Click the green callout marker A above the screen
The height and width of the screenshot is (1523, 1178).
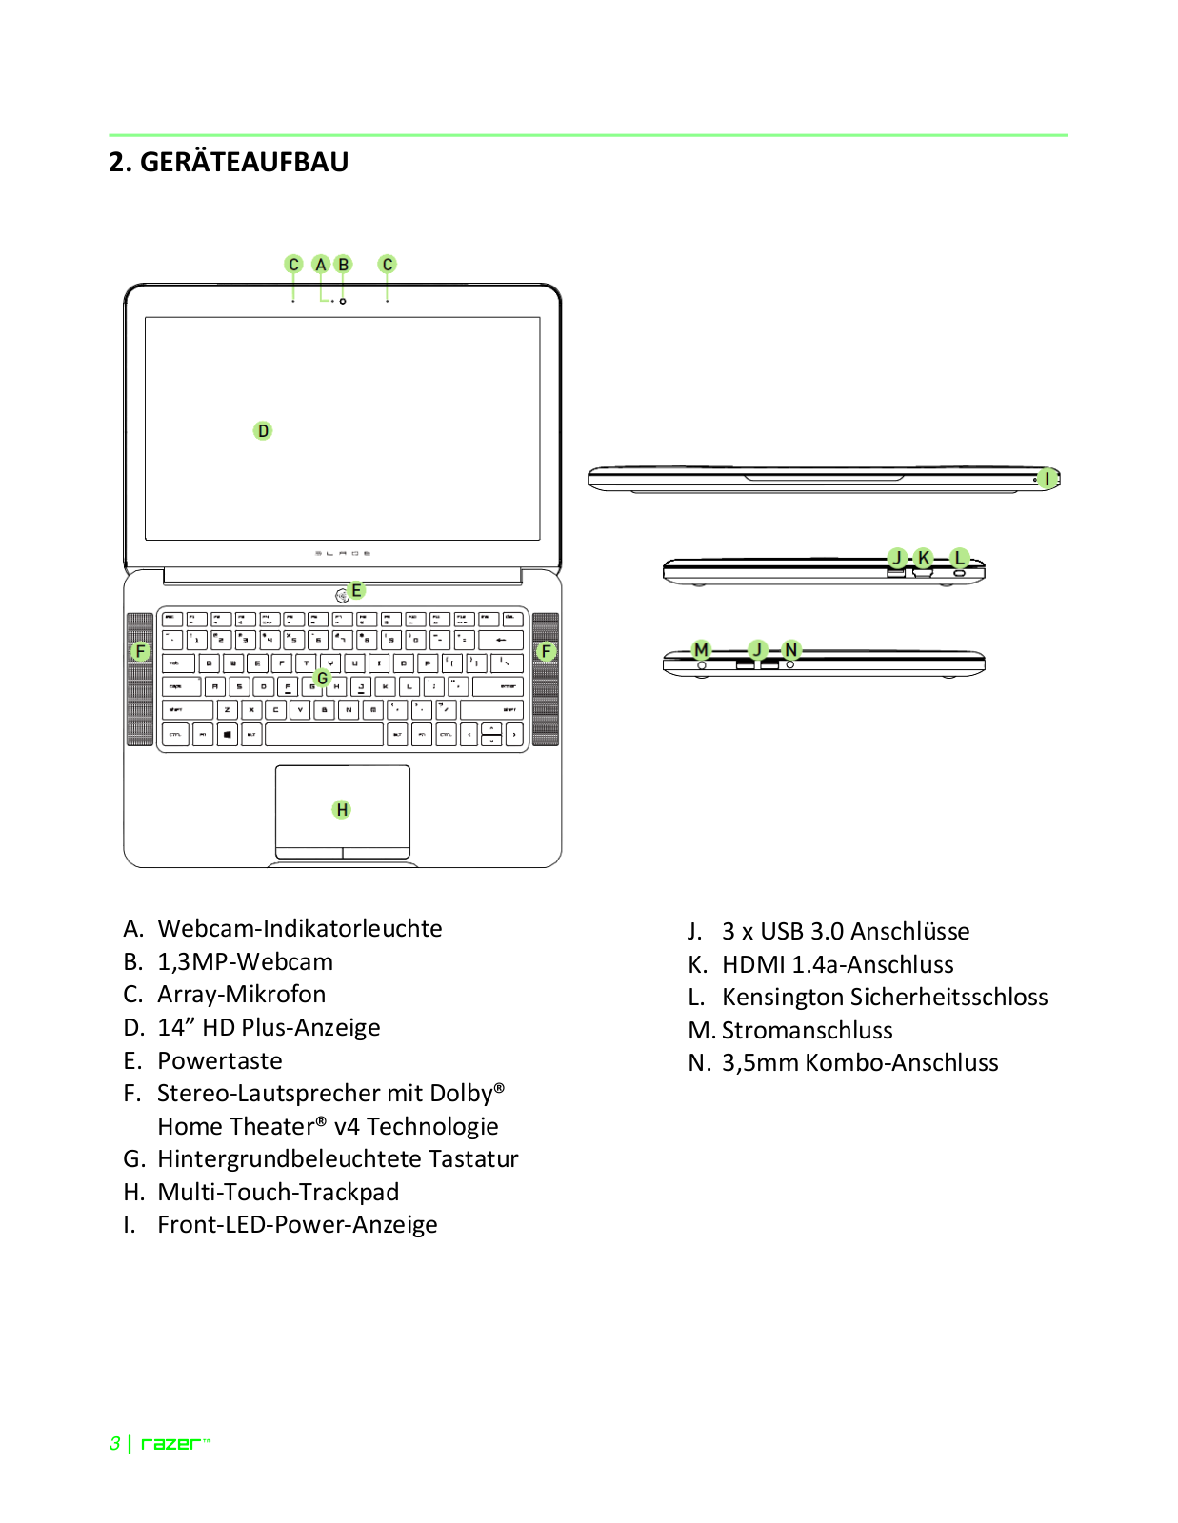coord(321,265)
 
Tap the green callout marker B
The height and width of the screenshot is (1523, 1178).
coord(344,265)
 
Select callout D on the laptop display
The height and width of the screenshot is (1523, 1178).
coord(263,431)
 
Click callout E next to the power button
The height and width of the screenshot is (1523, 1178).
coord(357,590)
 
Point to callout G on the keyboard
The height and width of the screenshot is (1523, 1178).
coord(322,679)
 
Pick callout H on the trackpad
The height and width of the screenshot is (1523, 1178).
coord(342,810)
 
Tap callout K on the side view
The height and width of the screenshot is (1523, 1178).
coord(923,558)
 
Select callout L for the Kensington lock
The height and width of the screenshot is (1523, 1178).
coord(959,558)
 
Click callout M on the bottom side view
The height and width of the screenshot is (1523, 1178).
coord(702,650)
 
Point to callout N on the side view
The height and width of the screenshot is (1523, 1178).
coord(790,650)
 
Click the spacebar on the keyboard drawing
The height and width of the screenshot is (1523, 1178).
coord(324,735)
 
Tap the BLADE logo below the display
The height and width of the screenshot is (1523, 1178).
coord(343,553)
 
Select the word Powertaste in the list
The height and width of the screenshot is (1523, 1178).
coord(220,1060)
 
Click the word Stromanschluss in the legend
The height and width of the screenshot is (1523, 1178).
coord(807,1030)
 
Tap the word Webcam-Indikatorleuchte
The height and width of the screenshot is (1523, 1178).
coord(299,928)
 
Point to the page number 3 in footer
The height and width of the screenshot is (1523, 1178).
coord(115,1444)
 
